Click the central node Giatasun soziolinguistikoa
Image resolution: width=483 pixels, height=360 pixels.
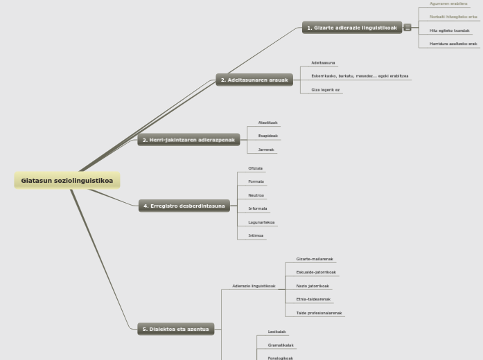click(67, 181)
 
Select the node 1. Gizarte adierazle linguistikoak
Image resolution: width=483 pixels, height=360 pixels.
click(352, 28)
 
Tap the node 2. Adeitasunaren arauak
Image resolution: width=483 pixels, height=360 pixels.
click(254, 80)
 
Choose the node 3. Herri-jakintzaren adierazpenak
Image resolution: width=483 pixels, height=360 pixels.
click(188, 140)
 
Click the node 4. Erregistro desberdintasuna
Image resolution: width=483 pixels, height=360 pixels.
click(184, 206)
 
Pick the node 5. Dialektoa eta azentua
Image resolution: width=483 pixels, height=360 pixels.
click(176, 329)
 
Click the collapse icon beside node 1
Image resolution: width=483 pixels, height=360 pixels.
click(407, 28)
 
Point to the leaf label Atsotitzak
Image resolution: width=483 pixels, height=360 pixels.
click(267, 123)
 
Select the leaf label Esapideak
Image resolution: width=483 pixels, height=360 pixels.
click(267, 136)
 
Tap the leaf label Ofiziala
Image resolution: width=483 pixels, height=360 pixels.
click(255, 168)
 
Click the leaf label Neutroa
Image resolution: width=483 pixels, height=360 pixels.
click(256, 195)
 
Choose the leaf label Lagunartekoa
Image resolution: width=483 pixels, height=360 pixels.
click(261, 222)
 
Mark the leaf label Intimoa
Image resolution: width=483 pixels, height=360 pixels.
click(256, 235)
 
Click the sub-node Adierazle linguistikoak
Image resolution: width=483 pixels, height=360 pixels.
click(254, 286)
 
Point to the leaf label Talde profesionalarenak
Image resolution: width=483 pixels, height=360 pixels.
click(319, 313)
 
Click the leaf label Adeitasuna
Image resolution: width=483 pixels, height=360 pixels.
click(323, 63)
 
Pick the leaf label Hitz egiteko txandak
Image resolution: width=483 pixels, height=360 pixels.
click(449, 30)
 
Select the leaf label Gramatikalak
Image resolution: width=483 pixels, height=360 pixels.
click(280, 345)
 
